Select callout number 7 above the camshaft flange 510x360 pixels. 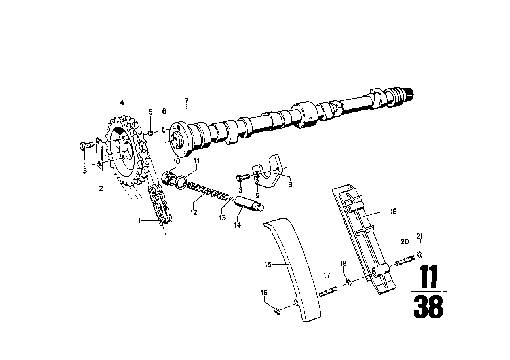click(x=186, y=101)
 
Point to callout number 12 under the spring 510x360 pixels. click(x=194, y=212)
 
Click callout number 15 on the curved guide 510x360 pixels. click(x=268, y=264)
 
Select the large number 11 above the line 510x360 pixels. click(x=428, y=277)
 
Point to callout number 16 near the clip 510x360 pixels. click(x=264, y=293)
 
